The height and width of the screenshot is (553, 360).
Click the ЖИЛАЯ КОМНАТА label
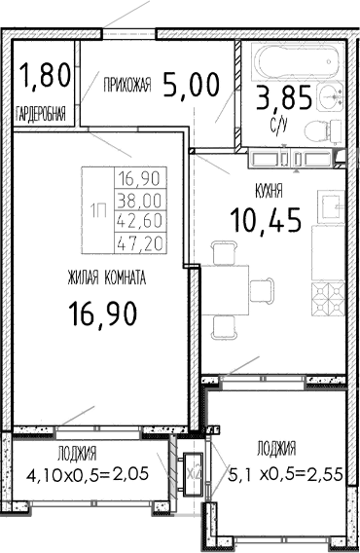pos(107,277)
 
